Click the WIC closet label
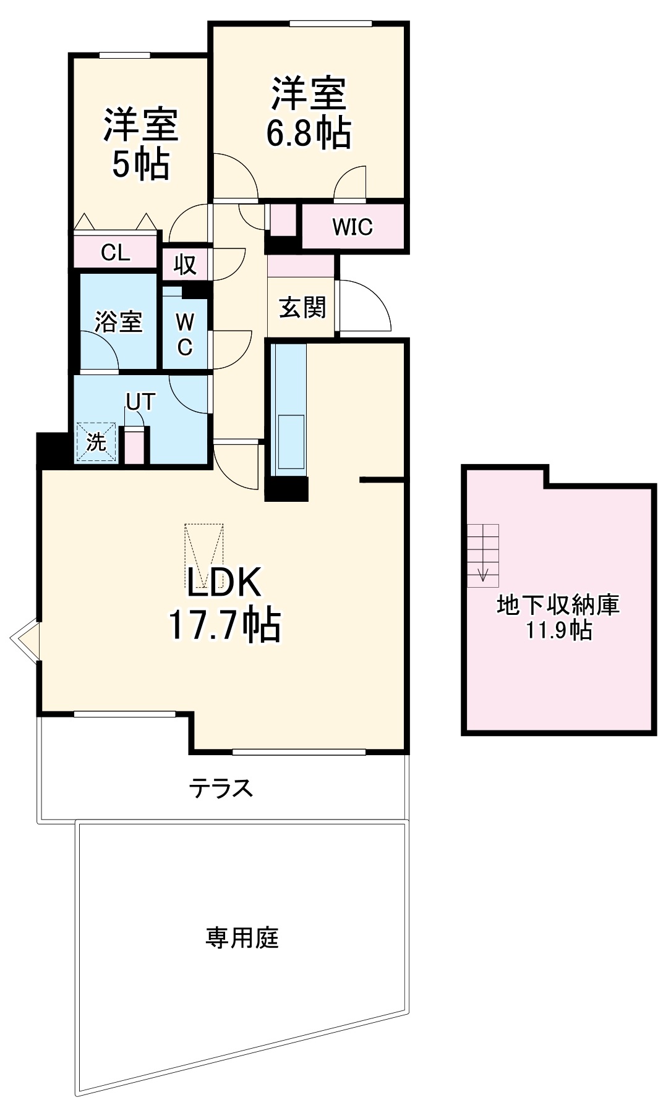click(353, 227)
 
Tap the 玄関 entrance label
click(302, 307)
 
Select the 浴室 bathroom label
click(118, 321)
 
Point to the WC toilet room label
click(184, 334)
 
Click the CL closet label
click(116, 252)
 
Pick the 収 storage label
click(184, 264)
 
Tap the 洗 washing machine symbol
click(96, 442)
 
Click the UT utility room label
click(140, 402)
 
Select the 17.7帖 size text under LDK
click(224, 625)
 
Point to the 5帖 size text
click(141, 164)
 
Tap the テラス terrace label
click(221, 788)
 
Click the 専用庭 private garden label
click(242, 937)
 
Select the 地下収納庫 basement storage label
click(558, 605)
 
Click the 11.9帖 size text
click(558, 630)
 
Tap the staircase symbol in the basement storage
click(483, 555)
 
